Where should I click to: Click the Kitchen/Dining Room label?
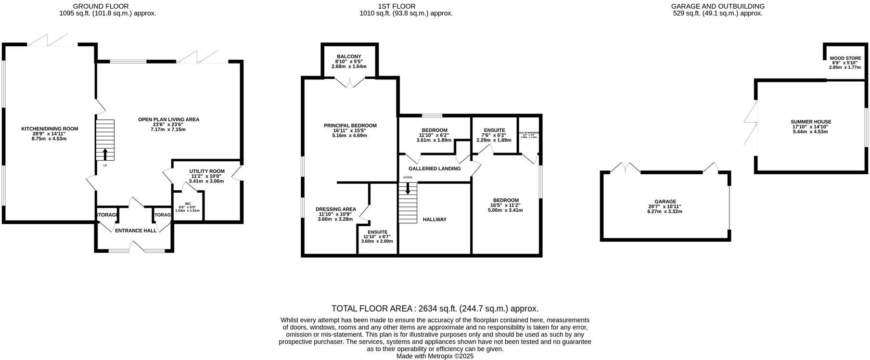coord(50,129)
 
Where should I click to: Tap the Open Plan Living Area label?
coord(168,119)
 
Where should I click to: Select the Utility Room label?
coord(207,171)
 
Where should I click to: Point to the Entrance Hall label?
coord(136,231)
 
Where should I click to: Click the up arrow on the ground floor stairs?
coord(105,154)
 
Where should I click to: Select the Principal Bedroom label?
coord(350,126)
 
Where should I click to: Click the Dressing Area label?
coord(336,209)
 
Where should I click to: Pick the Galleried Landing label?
coord(435,168)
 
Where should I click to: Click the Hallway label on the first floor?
coord(435,219)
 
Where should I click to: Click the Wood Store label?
coord(845,58)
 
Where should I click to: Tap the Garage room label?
coord(665,202)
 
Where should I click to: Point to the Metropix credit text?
coord(435,356)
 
